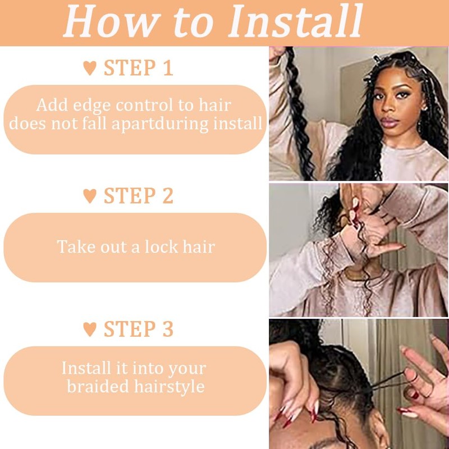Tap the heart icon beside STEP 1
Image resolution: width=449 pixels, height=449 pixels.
[90, 68]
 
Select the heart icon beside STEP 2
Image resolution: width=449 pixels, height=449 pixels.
[90, 196]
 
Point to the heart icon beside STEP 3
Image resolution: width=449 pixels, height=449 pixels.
[90, 329]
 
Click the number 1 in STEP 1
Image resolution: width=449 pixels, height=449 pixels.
[167, 68]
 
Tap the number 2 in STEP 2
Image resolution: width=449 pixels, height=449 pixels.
[167, 196]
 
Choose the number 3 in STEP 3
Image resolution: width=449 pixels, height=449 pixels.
[167, 329]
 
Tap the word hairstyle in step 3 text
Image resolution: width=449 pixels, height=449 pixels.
[171, 387]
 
